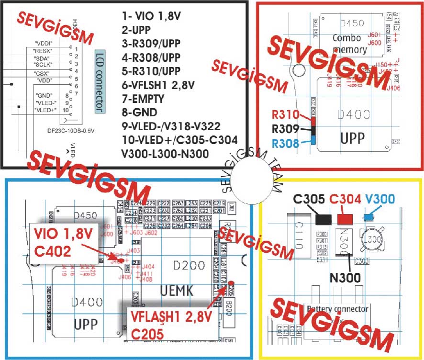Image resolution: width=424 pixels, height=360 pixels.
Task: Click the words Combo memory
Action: click(x=350, y=44)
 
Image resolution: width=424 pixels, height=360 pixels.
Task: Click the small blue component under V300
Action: click(x=369, y=217)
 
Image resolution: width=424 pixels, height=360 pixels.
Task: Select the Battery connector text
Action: click(x=337, y=309)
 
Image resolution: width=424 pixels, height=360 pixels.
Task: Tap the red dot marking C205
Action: click(x=231, y=283)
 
